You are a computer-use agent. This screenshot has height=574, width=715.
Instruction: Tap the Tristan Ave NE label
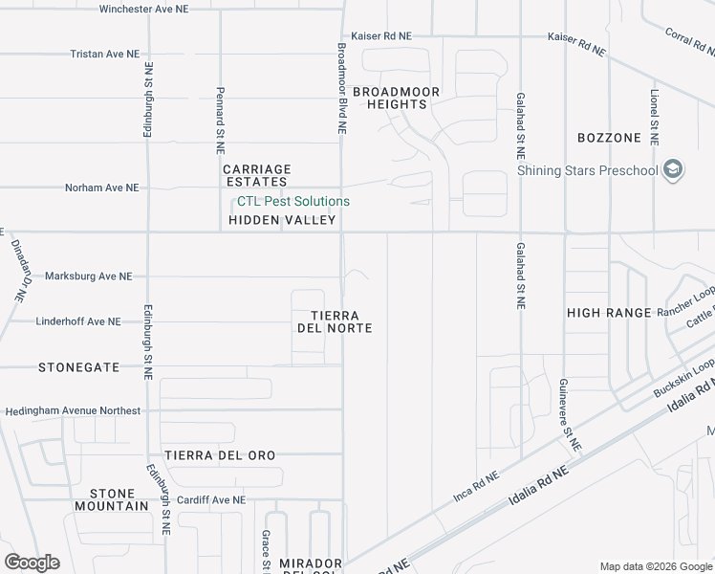click(x=110, y=55)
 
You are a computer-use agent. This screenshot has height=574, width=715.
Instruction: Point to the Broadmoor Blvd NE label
click(x=342, y=87)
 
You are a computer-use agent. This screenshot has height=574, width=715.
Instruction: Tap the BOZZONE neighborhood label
click(x=609, y=138)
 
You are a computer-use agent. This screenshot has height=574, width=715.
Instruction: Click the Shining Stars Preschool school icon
click(x=674, y=170)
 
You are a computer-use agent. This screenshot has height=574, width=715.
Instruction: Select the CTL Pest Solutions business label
click(x=293, y=201)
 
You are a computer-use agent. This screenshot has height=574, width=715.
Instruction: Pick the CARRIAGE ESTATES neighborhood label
click(x=256, y=175)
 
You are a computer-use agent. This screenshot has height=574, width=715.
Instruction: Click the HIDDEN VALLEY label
click(x=283, y=220)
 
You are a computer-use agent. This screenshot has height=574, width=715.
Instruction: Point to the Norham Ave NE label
click(x=102, y=188)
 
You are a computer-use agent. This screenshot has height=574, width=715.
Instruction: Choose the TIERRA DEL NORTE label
click(x=335, y=321)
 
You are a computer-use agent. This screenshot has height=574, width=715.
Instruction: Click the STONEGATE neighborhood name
click(x=78, y=366)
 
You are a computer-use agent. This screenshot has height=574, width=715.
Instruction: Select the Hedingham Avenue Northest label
click(x=73, y=410)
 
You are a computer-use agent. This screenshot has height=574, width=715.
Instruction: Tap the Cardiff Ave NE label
click(x=210, y=499)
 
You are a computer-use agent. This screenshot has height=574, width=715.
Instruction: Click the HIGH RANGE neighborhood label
click(x=609, y=312)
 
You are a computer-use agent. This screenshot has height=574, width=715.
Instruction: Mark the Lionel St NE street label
click(x=655, y=117)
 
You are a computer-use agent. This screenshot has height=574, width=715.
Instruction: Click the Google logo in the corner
click(x=32, y=562)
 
